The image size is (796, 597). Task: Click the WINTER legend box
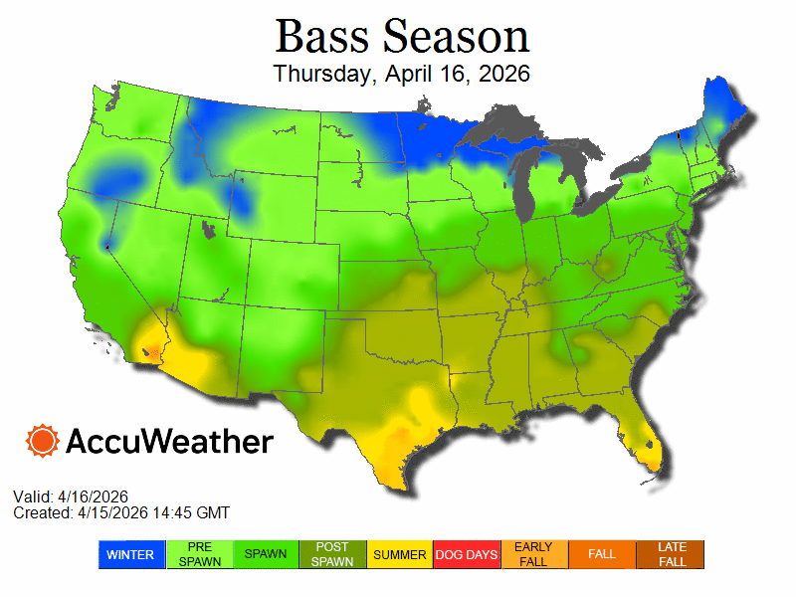pos(131,554)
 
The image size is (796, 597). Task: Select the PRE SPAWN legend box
pos(199,554)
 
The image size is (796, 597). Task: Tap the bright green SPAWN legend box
pos(267,554)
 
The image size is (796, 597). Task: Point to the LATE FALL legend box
pos(671,554)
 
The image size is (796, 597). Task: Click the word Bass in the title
pos(322,37)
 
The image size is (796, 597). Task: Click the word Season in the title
pos(457,37)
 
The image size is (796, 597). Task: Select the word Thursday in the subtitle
pos(317,75)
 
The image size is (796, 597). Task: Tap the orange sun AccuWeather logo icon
pos(43,441)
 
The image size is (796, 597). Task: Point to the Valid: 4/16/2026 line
pos(71,497)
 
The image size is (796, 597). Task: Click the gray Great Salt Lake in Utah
pos(208,231)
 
